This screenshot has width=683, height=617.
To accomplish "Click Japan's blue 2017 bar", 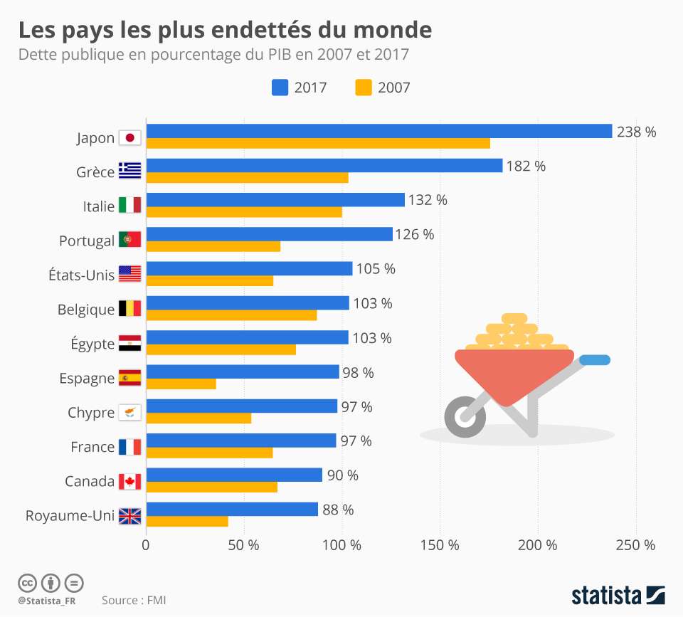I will pos(378,131).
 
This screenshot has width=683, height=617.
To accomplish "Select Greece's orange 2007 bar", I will pos(247,178).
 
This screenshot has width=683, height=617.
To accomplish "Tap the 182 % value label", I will pos(526,166).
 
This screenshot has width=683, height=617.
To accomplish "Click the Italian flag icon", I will pos(129,206).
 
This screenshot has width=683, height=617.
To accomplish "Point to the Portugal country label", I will pos(86,241).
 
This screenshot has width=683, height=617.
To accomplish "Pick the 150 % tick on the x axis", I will pos(440,545).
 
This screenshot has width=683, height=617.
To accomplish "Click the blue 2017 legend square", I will pos(280,88).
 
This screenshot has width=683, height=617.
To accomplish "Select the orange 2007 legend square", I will pos(363,88).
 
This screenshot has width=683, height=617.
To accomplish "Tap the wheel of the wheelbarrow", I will pos(465,416).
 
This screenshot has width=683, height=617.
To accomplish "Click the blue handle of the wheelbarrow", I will pos(595,360).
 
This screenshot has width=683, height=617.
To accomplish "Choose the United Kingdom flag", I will pos(129,516).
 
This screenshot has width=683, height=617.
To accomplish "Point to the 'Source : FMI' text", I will pos(134,601).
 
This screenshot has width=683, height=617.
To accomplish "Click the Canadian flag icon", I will pos(129,482).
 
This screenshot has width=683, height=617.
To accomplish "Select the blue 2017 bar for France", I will pos(240,441).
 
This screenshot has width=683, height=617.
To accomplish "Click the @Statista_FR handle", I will pos(47,601).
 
